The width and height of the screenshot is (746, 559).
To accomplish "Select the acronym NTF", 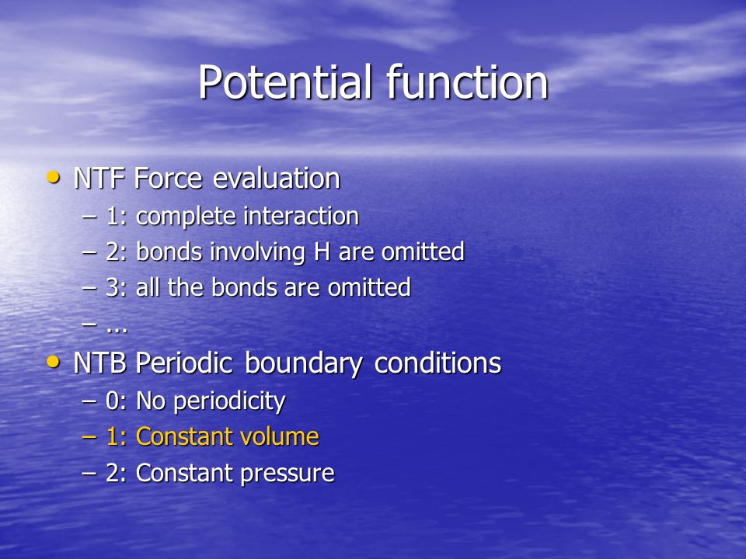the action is coord(99,179).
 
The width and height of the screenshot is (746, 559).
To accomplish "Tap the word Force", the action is coord(169,179).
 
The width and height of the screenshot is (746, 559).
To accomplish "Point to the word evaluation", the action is coord(277,179).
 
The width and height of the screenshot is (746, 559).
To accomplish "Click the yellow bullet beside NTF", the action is coord(54,178).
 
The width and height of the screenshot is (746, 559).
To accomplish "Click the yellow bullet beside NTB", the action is coord(54,363).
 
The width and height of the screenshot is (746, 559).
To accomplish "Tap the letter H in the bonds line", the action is coord(322,252).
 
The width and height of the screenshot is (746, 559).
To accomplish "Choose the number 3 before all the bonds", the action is coord(112,288).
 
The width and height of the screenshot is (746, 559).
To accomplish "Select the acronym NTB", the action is coord(100,363).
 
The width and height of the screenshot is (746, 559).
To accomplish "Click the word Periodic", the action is coord(184,363).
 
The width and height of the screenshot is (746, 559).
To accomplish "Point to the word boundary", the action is coord(304,364).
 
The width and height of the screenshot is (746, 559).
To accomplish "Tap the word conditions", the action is coord(437,363).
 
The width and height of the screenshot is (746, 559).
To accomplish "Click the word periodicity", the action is coord(229,402).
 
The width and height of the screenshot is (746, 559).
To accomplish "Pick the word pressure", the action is coord(288,474).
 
